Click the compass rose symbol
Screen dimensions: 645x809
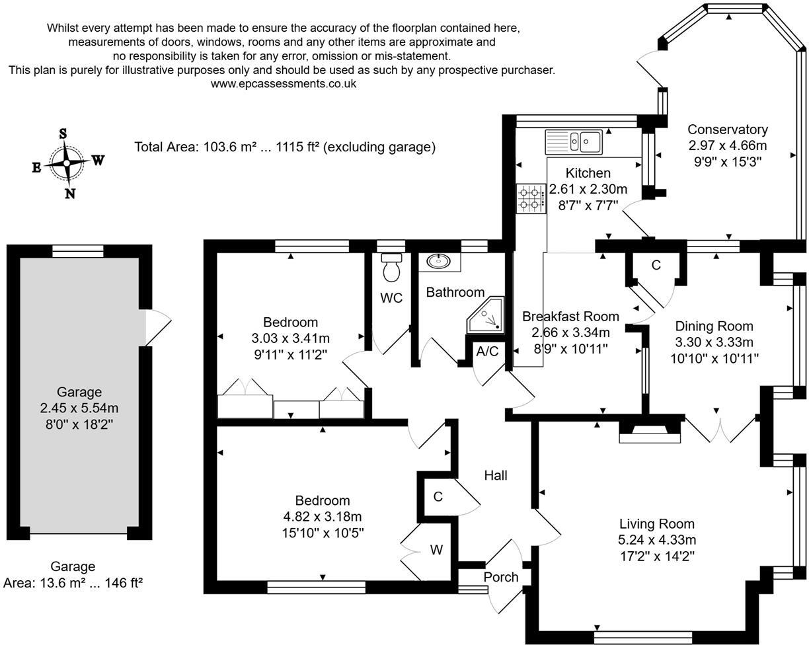67,162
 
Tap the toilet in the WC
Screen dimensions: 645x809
392,267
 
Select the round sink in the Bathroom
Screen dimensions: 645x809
438,262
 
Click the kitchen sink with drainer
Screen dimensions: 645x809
573,141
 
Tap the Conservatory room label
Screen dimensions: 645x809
727,130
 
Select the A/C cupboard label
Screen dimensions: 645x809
487,352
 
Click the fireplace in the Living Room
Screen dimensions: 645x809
649,433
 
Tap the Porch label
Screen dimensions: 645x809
500,577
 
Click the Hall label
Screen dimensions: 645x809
495,475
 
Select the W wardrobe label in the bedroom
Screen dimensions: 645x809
436,550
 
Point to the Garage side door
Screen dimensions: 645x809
157,327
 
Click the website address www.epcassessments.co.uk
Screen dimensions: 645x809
284,84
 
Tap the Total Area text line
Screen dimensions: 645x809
285,147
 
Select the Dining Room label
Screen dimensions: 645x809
714,326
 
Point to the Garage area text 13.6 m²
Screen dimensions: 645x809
73,583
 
